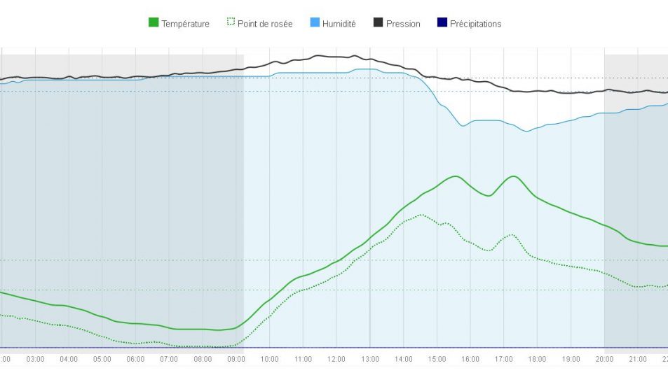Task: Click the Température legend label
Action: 185,24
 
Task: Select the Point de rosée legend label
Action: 265,24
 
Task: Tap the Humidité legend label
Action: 339,24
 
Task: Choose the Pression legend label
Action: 403,24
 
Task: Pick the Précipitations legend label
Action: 475,24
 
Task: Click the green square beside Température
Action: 154,23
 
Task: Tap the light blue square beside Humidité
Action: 315,23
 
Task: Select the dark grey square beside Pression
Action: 379,23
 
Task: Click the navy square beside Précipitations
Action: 442,23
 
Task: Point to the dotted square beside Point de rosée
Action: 230,23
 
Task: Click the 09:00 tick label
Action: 236,359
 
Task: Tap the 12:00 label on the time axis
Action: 336,359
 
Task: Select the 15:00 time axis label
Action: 437,359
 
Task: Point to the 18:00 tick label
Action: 537,359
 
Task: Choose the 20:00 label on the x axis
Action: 604,359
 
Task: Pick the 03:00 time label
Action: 35,359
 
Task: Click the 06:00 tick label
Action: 135,359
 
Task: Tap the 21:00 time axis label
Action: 638,359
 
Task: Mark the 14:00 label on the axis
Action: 403,359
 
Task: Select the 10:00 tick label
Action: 269,359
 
